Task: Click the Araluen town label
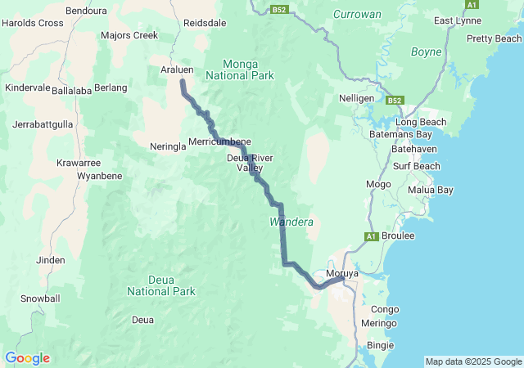coord(176,71)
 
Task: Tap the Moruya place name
coord(342,273)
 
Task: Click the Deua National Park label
coord(161,285)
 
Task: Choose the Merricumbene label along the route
coord(219,141)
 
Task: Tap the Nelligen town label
coord(356,98)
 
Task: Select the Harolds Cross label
coord(33,23)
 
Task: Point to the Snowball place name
coord(40,298)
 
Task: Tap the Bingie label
coord(381,346)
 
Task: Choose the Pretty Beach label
coord(494,38)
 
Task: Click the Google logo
coord(27,358)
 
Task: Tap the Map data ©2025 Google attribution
coord(472,361)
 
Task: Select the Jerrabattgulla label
coord(43,125)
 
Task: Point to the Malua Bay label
coord(430,190)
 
